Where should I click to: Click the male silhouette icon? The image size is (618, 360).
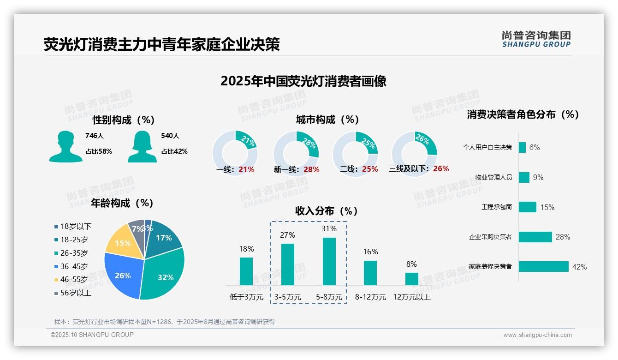(65, 146)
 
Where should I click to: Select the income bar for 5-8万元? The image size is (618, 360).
(329, 261)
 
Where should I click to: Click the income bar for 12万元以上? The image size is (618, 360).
(411, 279)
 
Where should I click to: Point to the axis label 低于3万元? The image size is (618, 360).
(246, 297)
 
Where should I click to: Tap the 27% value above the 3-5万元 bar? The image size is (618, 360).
(287, 235)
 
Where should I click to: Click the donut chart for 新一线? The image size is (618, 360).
(296, 153)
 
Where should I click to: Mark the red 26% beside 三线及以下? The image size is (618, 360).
(441, 169)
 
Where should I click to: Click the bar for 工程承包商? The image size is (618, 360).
(527, 207)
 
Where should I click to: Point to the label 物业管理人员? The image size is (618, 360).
(493, 177)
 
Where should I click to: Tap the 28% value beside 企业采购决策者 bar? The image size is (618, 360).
(563, 237)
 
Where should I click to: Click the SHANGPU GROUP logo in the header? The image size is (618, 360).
(536, 39)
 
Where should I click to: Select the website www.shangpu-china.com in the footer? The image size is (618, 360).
(537, 335)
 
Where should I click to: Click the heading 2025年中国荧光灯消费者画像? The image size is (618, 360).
(303, 81)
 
